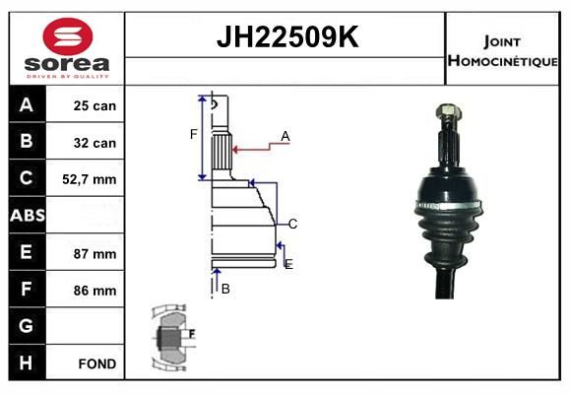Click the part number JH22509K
[x=287, y=36]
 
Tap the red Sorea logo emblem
[x=68, y=36]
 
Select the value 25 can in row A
[x=95, y=105]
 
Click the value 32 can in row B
[x=95, y=143]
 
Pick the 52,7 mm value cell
[x=90, y=179]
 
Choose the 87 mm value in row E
[x=95, y=254]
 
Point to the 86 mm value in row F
[x=95, y=291]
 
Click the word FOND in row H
[x=97, y=363]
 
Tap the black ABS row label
[x=28, y=215]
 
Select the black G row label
[x=28, y=325]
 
